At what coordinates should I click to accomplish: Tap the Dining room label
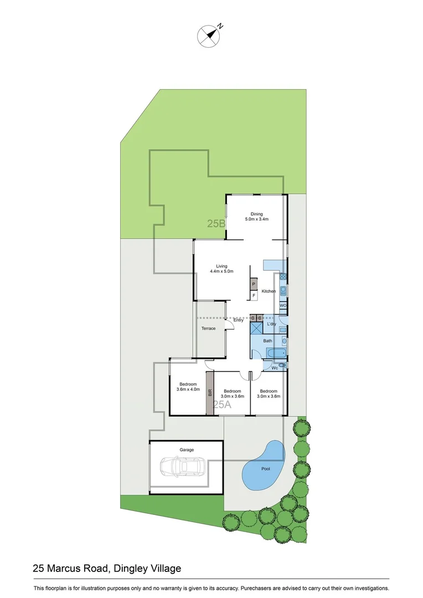[x=256, y=214]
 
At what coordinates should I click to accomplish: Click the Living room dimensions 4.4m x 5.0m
[x=221, y=271]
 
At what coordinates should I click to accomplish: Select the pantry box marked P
[x=253, y=285]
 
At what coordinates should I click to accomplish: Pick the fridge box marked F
[x=253, y=296]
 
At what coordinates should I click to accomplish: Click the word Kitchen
[x=269, y=291]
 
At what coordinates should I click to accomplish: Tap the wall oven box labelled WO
[x=282, y=306]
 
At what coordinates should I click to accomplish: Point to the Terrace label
[x=208, y=328]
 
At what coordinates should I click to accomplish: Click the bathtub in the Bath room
[x=275, y=353]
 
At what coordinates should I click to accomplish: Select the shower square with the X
[x=256, y=328]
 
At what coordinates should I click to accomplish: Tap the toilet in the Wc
[x=282, y=365]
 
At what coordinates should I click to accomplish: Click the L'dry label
[x=271, y=323]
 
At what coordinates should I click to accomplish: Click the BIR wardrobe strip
[x=210, y=393]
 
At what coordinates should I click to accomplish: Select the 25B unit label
[x=216, y=224]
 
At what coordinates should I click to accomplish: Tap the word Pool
[x=266, y=468]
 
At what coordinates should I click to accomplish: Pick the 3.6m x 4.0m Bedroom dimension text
[x=187, y=389]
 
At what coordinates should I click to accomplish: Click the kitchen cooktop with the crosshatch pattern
[x=282, y=275]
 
